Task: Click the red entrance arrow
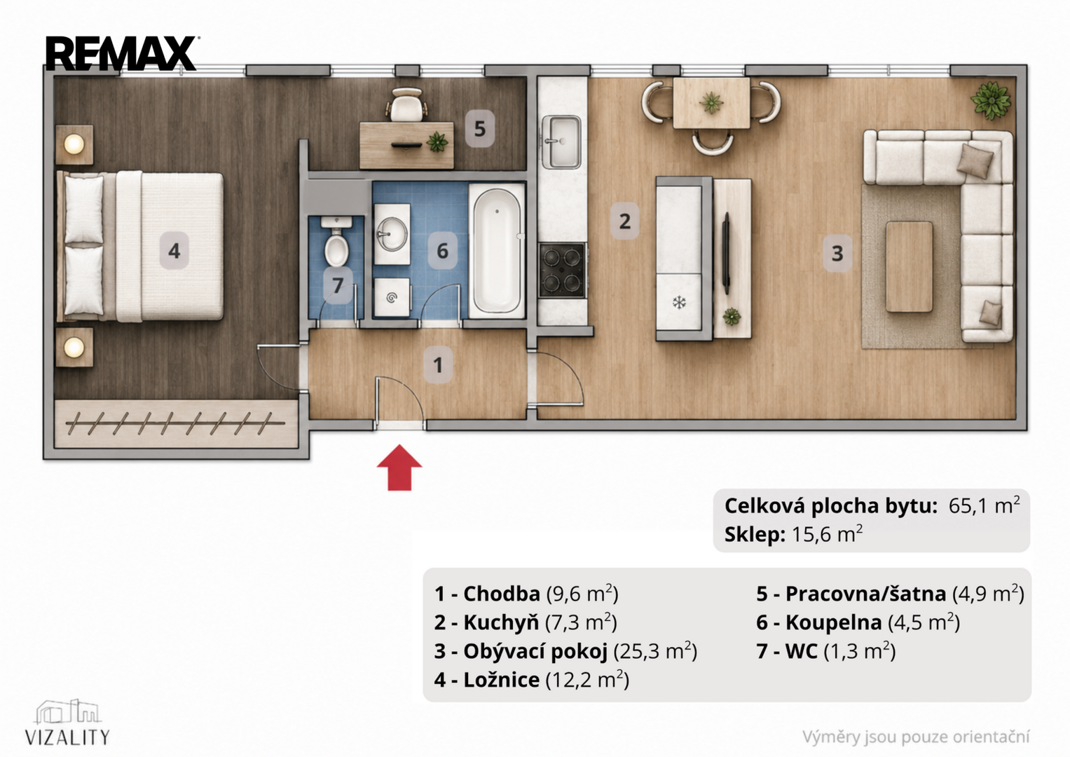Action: pyautogui.click(x=399, y=468)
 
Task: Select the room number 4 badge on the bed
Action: pyautogui.click(x=174, y=251)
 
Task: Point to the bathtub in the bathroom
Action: pyautogui.click(x=497, y=251)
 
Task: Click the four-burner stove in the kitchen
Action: pyautogui.click(x=563, y=271)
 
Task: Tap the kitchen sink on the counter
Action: pyautogui.click(x=561, y=142)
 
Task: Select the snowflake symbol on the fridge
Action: pyautogui.click(x=679, y=302)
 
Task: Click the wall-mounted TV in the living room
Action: pyautogui.click(x=726, y=253)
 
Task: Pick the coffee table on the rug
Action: pyautogui.click(x=909, y=266)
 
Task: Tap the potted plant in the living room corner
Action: pyautogui.click(x=991, y=100)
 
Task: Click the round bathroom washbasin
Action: pyautogui.click(x=392, y=234)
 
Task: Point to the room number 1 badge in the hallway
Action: pyautogui.click(x=438, y=366)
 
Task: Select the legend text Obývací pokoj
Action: pyautogui.click(x=535, y=652)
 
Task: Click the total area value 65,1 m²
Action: pyautogui.click(x=984, y=505)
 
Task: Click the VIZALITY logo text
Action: pyautogui.click(x=67, y=737)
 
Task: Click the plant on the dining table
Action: pyautogui.click(x=711, y=102)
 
